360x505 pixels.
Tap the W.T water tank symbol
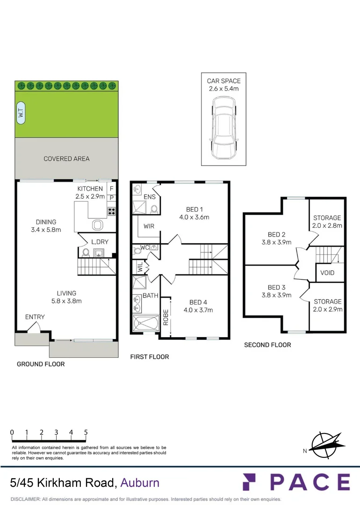click(21, 113)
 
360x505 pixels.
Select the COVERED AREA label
click(66, 159)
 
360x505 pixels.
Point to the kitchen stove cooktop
click(112, 211)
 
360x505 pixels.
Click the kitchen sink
click(97, 224)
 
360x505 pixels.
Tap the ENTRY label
click(35, 317)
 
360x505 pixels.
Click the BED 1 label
click(194, 209)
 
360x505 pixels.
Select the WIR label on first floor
click(150, 226)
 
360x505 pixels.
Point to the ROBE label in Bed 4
click(166, 318)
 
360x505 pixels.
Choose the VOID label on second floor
click(327, 273)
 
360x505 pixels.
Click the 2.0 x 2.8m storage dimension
click(327, 225)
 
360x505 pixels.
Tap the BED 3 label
click(277, 288)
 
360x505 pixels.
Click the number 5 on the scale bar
click(86, 433)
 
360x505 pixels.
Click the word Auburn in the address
click(140, 483)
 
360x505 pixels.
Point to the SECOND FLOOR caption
click(267, 345)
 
